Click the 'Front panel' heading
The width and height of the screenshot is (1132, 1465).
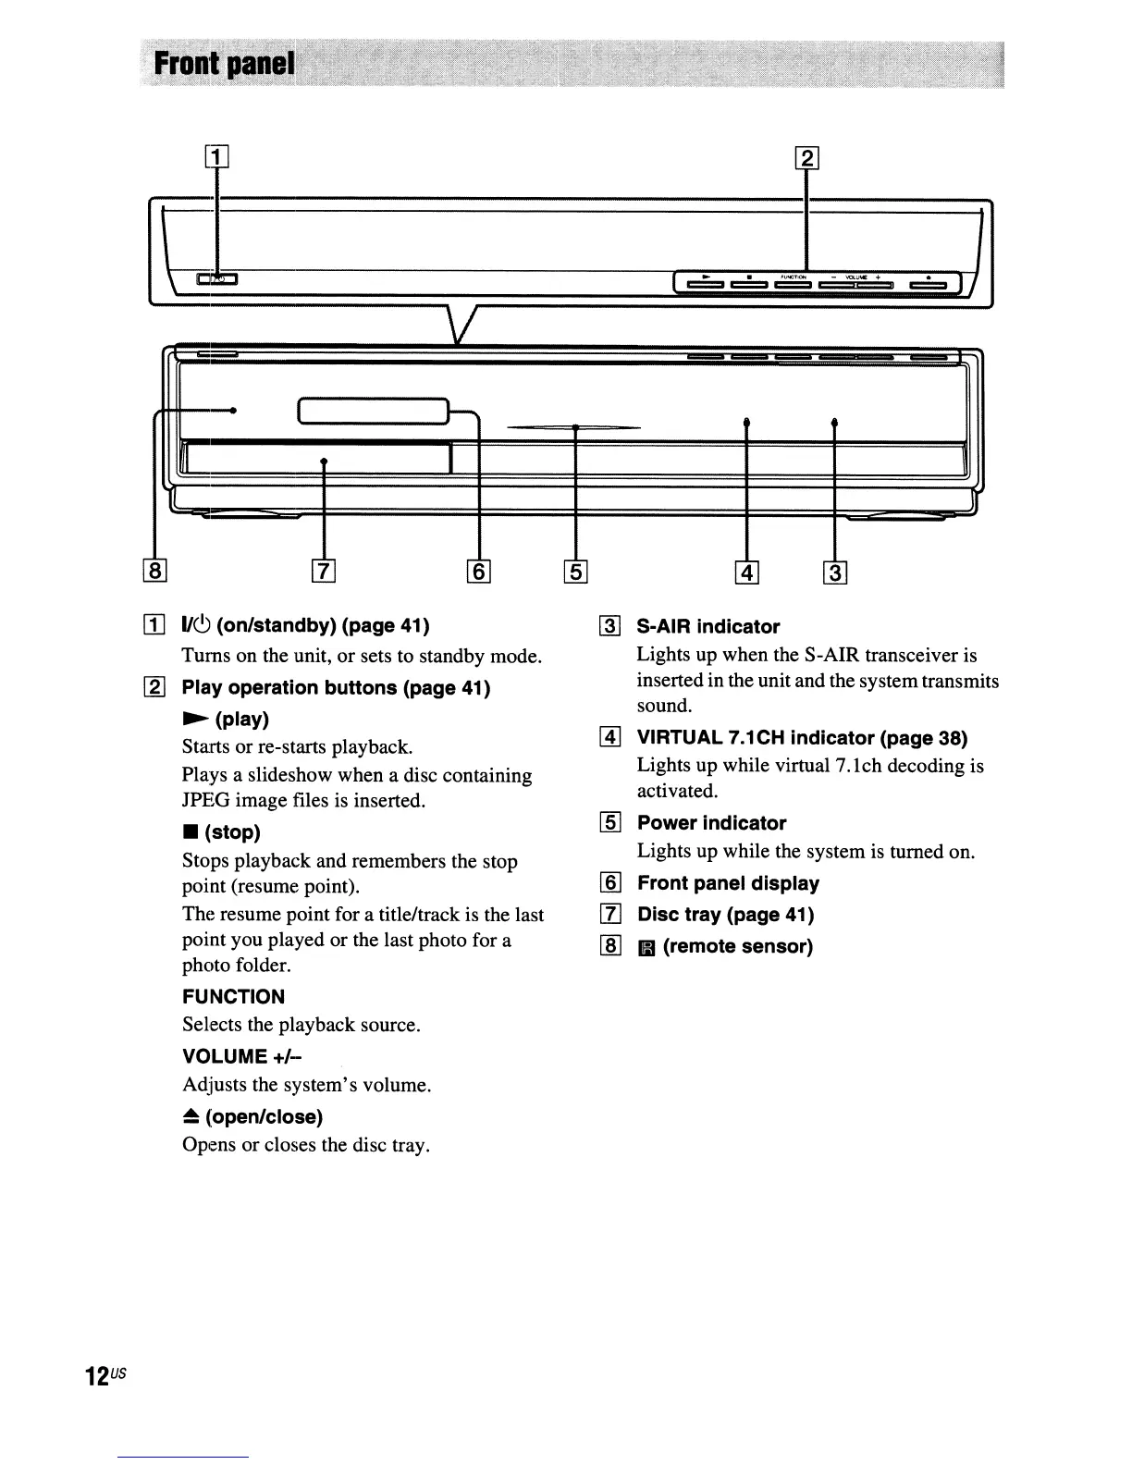coord(225,65)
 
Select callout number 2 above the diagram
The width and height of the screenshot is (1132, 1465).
coord(807,158)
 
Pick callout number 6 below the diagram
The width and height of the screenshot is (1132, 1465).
coord(479,572)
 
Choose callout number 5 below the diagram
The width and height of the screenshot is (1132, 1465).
coord(575,572)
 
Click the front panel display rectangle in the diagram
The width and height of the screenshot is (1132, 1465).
coord(373,411)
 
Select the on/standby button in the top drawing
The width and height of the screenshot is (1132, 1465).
coord(217,278)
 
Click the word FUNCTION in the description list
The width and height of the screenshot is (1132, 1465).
coord(233,997)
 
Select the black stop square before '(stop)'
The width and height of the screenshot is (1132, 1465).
coord(189,832)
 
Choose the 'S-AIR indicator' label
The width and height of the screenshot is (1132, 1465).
coord(708,627)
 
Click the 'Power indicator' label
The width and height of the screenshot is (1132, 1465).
coord(711,823)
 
